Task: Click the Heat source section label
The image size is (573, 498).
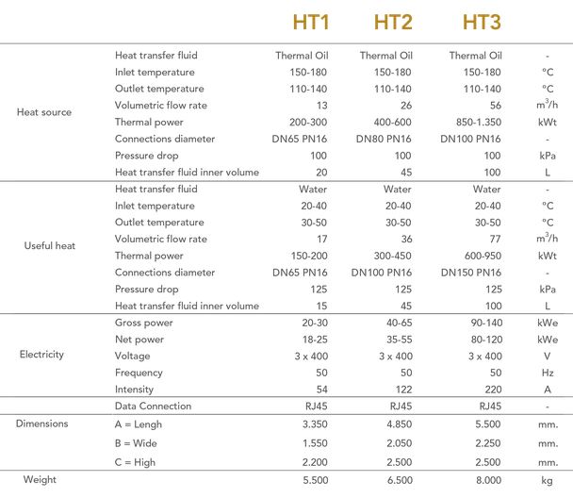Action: point(44,113)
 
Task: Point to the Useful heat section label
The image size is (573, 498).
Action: point(49,247)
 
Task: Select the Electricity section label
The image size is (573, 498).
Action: point(41,356)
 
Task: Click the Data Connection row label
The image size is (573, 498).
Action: point(153,407)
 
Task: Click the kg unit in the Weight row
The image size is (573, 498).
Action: point(548,480)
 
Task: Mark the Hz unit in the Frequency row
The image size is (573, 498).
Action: point(548,373)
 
